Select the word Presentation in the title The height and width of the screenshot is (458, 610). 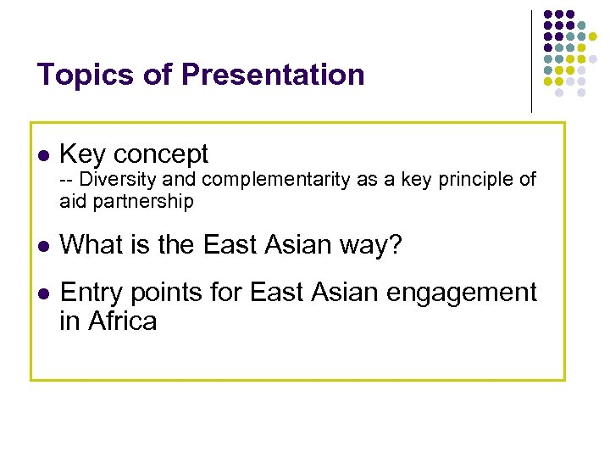(x=272, y=75)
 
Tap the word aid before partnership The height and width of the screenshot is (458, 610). (x=71, y=201)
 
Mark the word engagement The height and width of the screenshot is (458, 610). (x=464, y=293)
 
